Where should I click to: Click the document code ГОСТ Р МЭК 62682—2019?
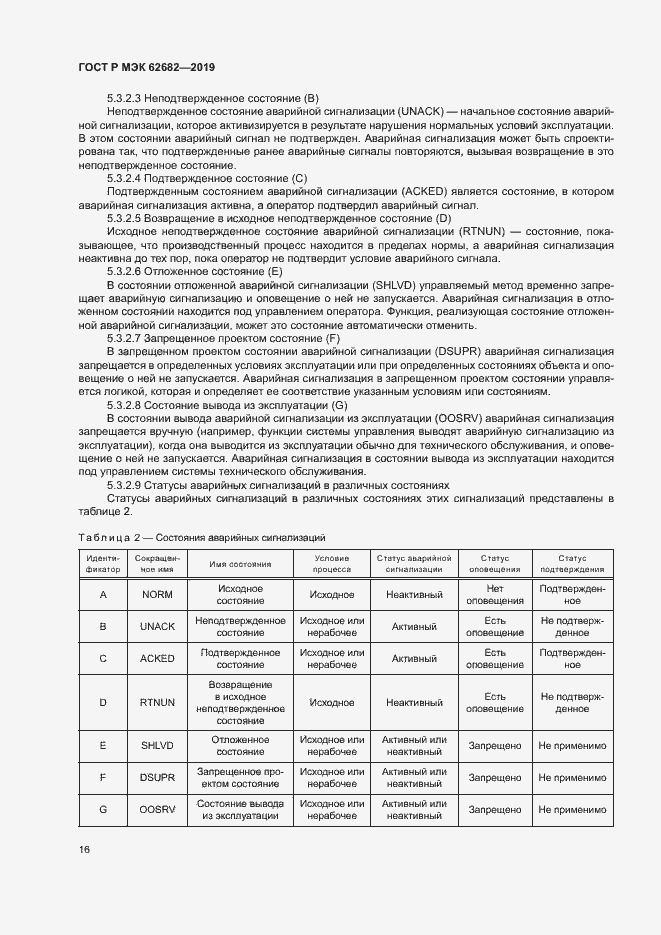[147, 67]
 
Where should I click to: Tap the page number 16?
[84, 849]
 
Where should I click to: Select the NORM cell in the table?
[158, 595]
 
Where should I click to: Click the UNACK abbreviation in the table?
[158, 627]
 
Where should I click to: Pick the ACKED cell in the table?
[158, 659]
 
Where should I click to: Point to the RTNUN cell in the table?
[158, 702]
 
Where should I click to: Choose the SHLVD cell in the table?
[158, 746]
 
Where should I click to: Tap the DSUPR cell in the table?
[158, 778]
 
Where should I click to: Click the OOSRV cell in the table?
[158, 810]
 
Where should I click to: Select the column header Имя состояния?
[240, 563]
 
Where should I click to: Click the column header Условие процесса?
[331, 563]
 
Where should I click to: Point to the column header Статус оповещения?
[495, 563]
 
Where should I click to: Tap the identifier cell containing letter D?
[103, 702]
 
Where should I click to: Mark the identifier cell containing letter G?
[103, 810]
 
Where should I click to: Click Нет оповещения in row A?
[495, 595]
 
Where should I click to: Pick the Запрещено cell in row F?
[495, 778]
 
